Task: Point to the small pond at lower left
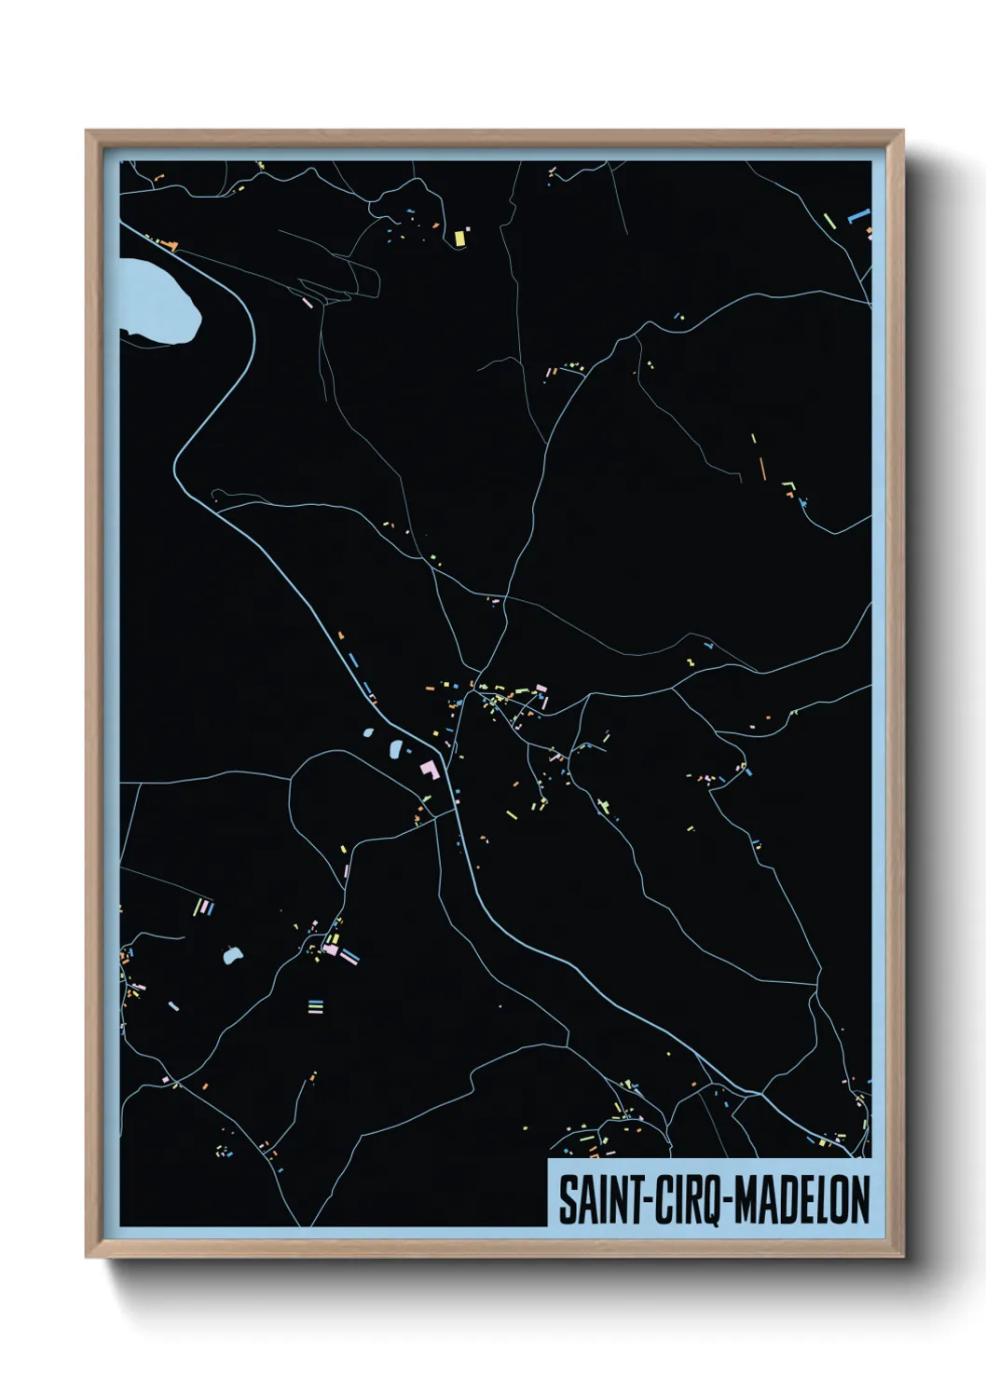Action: (232, 954)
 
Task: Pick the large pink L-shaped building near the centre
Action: (430, 770)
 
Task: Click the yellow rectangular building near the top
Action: (459, 238)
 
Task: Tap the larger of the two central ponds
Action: (394, 748)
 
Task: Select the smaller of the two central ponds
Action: (369, 732)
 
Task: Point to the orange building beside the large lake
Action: (170, 245)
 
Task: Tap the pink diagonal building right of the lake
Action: (308, 303)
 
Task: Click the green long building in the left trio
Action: (197, 907)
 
